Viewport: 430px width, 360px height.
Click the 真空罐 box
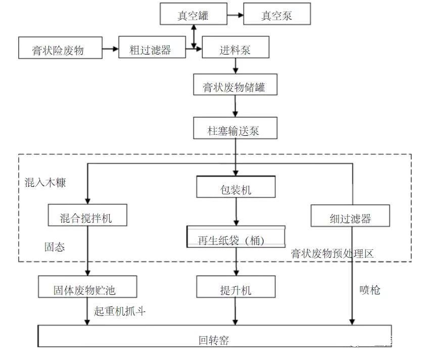click(x=194, y=14)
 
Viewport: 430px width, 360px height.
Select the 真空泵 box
click(x=277, y=14)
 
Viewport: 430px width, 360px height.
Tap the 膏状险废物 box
click(x=60, y=48)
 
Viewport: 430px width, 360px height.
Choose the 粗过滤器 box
click(x=152, y=47)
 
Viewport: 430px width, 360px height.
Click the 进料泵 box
click(x=235, y=47)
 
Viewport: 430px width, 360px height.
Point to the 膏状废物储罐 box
click(x=235, y=84)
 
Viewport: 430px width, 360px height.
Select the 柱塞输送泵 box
click(x=235, y=128)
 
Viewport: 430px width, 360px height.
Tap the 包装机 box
click(x=236, y=187)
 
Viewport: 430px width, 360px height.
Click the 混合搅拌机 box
click(x=87, y=215)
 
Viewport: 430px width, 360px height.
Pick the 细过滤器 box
click(x=350, y=216)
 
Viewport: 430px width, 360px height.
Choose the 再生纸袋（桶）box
click(x=236, y=237)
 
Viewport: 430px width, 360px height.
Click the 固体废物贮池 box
click(x=87, y=287)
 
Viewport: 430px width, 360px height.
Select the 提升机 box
click(x=236, y=287)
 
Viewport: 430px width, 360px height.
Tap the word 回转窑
click(x=214, y=340)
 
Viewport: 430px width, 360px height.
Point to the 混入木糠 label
click(x=45, y=182)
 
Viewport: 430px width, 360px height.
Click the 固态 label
click(x=55, y=247)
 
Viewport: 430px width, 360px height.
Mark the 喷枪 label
click(x=370, y=290)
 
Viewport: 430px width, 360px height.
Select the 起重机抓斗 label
click(x=120, y=311)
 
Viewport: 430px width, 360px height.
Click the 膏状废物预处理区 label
click(x=332, y=253)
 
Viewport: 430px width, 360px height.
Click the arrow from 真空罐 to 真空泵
click(x=235, y=15)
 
